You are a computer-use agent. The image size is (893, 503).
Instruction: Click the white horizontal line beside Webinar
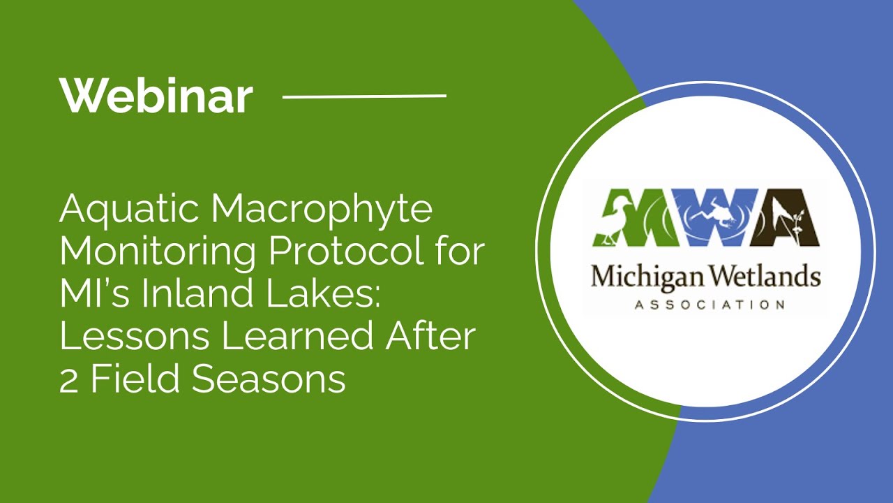(x=364, y=96)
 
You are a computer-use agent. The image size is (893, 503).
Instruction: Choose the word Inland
(x=179, y=294)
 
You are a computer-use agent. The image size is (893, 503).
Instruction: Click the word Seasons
(x=269, y=379)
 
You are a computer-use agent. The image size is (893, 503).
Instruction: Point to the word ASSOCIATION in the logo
(x=705, y=305)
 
